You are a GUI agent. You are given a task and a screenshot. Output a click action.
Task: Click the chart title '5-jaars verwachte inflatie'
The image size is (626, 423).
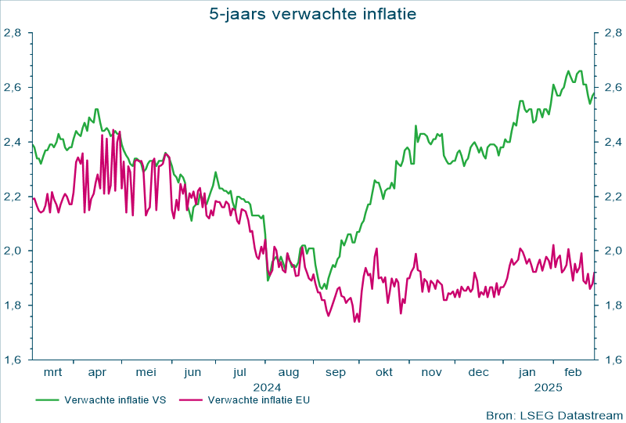(x=313, y=13)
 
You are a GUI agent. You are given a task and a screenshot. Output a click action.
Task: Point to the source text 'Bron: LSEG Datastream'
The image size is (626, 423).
(x=553, y=414)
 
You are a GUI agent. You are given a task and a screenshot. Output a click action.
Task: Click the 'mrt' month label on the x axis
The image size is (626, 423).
(x=52, y=373)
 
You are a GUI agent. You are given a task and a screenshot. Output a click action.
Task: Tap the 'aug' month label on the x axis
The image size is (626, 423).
(x=289, y=373)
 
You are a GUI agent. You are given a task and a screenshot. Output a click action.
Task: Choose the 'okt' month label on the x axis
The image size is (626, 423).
(x=383, y=373)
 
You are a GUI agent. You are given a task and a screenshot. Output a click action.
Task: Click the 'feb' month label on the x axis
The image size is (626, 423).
(x=574, y=373)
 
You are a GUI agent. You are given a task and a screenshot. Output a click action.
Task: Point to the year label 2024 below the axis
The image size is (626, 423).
(x=266, y=386)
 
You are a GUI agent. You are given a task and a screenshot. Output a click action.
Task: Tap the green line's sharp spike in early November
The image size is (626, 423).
(x=416, y=125)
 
